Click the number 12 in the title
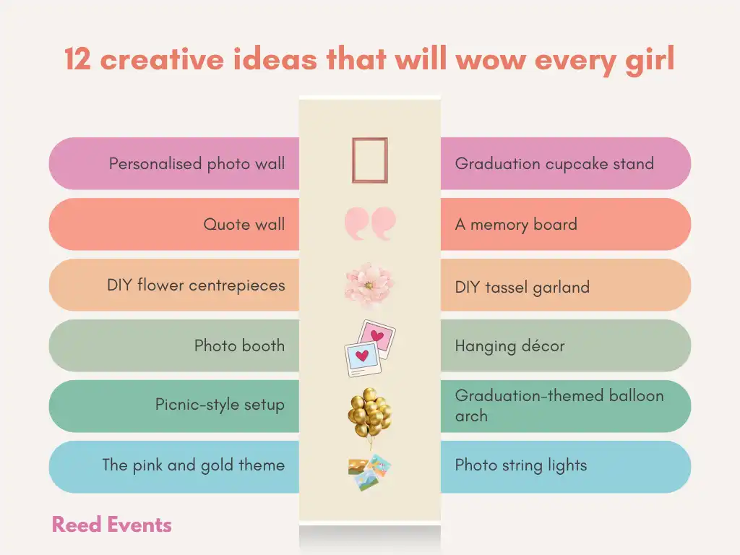point(78,59)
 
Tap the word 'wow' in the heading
point(491,61)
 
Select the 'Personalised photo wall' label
point(197,164)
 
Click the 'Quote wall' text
point(244,224)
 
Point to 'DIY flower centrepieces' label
point(196,285)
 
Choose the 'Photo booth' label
point(240,345)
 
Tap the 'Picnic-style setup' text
point(220,405)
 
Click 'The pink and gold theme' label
point(194,465)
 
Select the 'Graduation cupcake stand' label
point(554,164)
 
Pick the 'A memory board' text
point(516,225)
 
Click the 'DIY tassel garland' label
point(522,288)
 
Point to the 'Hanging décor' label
point(509,346)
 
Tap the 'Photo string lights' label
point(521,465)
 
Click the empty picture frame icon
point(353,160)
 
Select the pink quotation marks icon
point(370,223)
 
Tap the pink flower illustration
point(369,284)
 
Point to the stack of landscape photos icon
point(369,472)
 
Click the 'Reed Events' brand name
point(112,525)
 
